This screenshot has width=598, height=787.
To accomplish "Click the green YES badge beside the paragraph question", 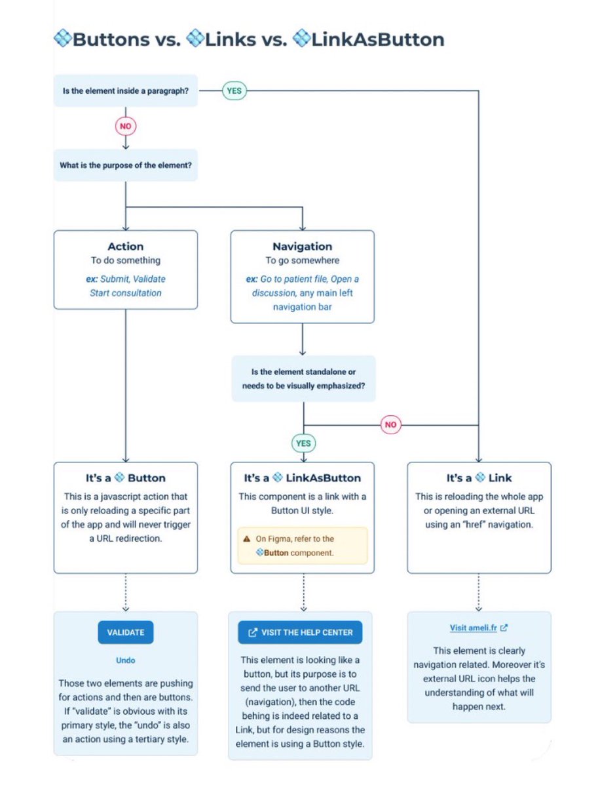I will (x=234, y=91).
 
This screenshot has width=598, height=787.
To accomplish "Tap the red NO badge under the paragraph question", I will (x=125, y=126).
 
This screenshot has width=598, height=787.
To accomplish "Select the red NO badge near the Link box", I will (x=390, y=424).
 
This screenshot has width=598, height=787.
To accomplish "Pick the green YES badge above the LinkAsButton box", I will (x=303, y=443).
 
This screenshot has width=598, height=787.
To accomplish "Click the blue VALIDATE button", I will (x=125, y=632).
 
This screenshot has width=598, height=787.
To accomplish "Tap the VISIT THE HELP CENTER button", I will (x=300, y=632).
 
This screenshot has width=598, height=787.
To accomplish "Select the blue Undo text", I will (x=125, y=660).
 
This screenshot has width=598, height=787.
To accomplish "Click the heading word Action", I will (x=125, y=247).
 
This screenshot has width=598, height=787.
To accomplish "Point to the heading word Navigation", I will (x=302, y=247).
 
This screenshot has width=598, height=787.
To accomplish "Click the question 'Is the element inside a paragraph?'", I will (x=125, y=91).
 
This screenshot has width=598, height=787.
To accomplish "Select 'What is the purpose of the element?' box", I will (x=125, y=166).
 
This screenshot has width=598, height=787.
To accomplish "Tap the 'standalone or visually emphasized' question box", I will (x=303, y=379).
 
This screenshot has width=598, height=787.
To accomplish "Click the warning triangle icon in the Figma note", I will (x=246, y=538).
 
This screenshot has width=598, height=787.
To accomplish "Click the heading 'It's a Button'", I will (x=125, y=478).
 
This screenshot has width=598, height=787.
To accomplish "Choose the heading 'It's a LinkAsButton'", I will (x=302, y=478).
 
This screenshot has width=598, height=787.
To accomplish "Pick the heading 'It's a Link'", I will (x=479, y=478).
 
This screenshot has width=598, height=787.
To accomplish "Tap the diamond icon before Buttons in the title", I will (x=62, y=39).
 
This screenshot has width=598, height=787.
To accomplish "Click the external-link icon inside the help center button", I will (x=252, y=633).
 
